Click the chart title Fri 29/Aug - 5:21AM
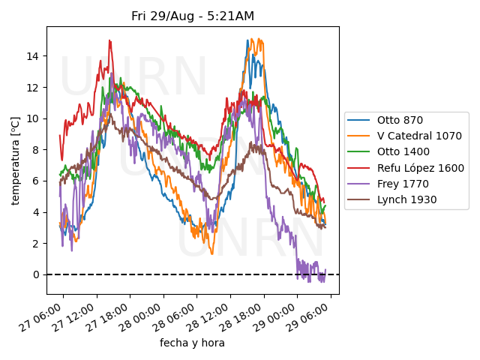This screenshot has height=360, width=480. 193,16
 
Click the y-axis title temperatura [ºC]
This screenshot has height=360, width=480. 16,160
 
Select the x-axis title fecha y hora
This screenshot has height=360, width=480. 192,343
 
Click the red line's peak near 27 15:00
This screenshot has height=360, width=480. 110,40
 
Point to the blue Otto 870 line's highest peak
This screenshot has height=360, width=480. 247,40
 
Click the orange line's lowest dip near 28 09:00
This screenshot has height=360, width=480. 211,253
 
